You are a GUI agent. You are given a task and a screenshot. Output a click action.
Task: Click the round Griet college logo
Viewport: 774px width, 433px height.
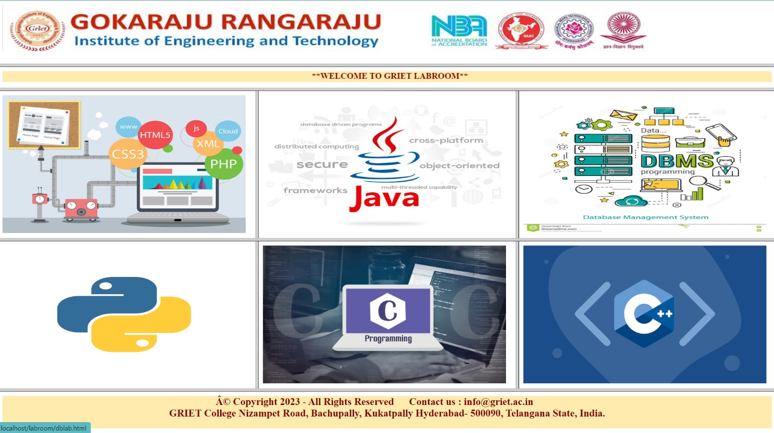(x=38, y=31)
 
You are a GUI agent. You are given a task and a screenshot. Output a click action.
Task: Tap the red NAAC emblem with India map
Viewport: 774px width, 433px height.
(x=521, y=31)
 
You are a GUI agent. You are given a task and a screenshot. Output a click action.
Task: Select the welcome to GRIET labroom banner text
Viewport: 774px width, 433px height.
(x=389, y=76)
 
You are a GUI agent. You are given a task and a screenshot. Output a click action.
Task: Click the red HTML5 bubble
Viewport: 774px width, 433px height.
(x=155, y=135)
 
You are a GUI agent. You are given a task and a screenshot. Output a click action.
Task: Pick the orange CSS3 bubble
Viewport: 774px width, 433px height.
(x=128, y=154)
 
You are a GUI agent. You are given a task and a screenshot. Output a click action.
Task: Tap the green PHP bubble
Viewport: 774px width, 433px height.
(x=223, y=164)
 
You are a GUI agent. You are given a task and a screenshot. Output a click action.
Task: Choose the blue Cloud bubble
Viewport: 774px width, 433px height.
(x=228, y=131)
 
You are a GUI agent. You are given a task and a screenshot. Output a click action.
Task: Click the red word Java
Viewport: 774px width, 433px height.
(x=385, y=198)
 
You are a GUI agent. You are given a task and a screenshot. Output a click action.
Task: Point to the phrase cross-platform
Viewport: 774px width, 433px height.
(x=446, y=140)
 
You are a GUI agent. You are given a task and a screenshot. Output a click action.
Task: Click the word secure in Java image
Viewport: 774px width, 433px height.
(x=322, y=165)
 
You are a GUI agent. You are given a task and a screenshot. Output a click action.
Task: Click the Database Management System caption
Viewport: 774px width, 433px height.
(x=645, y=217)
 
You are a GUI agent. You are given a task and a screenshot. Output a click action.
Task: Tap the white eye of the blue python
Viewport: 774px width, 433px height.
(x=105, y=286)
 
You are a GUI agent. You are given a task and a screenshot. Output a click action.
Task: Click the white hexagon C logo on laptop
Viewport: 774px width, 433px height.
(x=387, y=310)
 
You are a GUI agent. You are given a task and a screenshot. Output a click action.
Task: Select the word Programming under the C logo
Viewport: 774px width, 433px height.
(x=388, y=338)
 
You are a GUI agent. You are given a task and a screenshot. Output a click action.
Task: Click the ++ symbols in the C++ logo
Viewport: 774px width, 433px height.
(x=665, y=314)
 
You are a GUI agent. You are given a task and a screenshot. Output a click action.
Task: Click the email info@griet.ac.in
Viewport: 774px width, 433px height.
(x=498, y=402)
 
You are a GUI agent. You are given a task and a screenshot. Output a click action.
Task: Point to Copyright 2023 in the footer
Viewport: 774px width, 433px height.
(x=266, y=402)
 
